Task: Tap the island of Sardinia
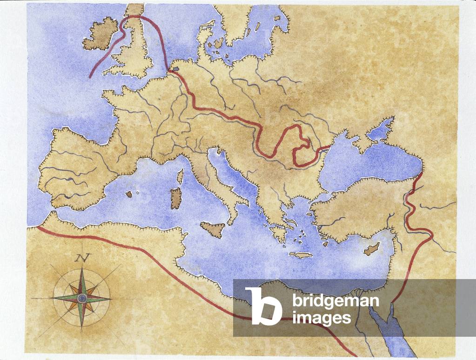click(x=176, y=199)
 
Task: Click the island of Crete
click(x=301, y=255)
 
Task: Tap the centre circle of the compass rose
click(x=82, y=298)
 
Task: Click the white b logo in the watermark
click(x=263, y=306)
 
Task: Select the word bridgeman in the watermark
click(x=335, y=301)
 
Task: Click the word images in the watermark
click(x=322, y=318)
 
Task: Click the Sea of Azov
click(x=380, y=132)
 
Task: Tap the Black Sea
click(x=368, y=163)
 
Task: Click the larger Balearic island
click(x=129, y=194)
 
